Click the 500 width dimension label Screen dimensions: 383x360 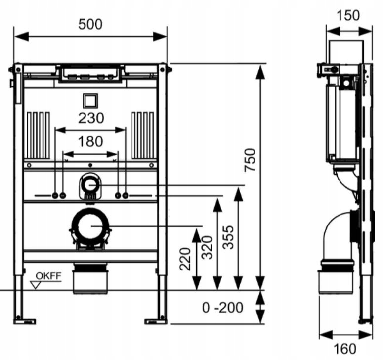90,24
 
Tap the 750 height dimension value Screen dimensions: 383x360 250,160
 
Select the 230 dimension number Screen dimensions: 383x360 91,118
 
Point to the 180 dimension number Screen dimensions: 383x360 90,142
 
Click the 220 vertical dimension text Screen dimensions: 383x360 185,259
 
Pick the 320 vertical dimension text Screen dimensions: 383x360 207,247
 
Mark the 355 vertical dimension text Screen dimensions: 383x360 228,237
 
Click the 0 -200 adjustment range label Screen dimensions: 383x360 223,308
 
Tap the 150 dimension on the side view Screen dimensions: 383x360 348,15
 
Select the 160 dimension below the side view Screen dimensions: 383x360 345,349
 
